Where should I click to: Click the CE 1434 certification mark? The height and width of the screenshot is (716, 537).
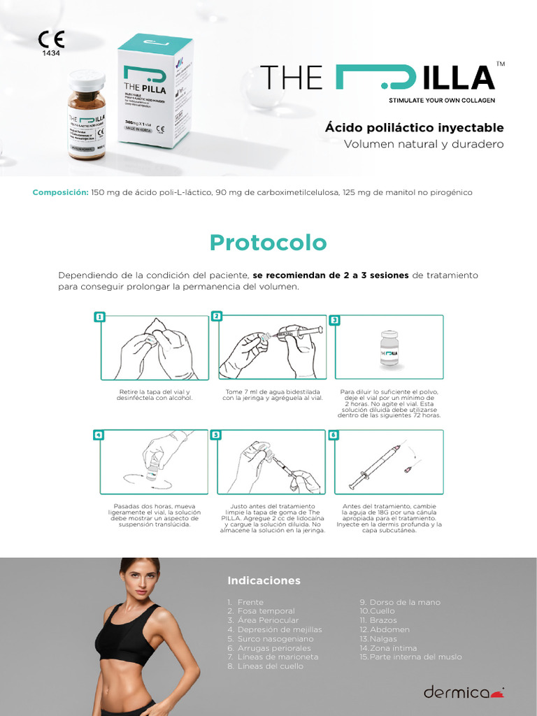(x=50, y=44)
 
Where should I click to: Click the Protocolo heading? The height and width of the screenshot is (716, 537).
(x=268, y=242)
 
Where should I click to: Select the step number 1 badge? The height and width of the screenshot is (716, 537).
(x=100, y=317)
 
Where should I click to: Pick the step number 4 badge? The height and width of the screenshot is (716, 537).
(x=100, y=434)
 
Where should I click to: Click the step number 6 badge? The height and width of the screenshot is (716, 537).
(x=334, y=434)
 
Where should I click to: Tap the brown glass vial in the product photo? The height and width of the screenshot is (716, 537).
(x=87, y=115)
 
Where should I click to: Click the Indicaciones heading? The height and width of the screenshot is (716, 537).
(x=264, y=580)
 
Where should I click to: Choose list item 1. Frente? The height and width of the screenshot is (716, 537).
(x=245, y=602)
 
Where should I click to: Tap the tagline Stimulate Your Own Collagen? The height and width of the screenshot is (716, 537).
(x=441, y=101)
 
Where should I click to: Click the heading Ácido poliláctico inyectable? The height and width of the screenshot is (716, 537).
(x=414, y=128)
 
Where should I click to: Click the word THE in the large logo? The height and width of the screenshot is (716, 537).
(x=292, y=77)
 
